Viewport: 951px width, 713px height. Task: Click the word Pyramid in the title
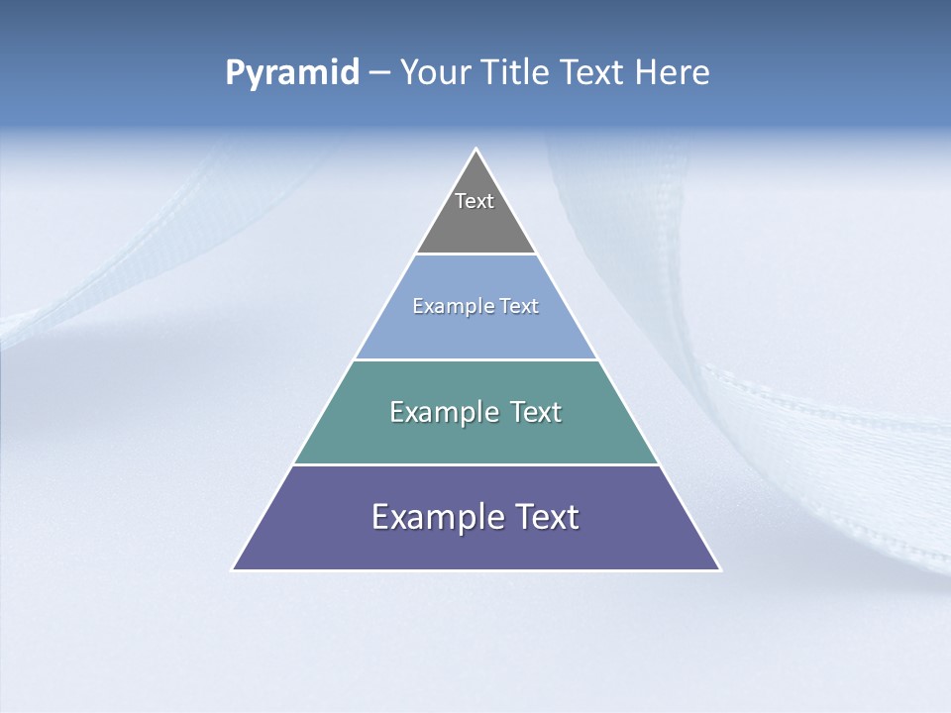[292, 73]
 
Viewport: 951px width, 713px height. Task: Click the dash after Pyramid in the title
[378, 74]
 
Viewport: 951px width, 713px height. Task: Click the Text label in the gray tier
[475, 201]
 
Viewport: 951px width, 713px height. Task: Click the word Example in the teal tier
[444, 412]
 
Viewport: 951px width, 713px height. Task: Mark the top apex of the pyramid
[476, 150]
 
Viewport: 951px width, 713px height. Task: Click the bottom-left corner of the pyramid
[234, 569]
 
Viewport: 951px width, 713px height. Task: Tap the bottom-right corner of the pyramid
[719, 569]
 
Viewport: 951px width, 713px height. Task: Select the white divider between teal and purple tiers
[475, 464]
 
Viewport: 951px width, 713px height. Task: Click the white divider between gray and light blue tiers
[475, 254]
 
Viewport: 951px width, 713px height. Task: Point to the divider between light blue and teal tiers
[475, 359]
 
